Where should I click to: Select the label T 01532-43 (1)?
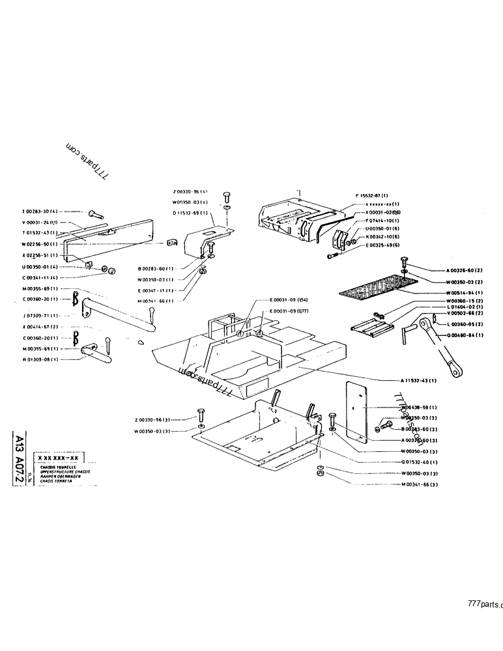(40, 232)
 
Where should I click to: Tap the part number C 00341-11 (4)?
(40, 278)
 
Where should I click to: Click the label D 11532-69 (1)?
(190, 213)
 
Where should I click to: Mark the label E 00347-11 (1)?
(156, 290)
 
